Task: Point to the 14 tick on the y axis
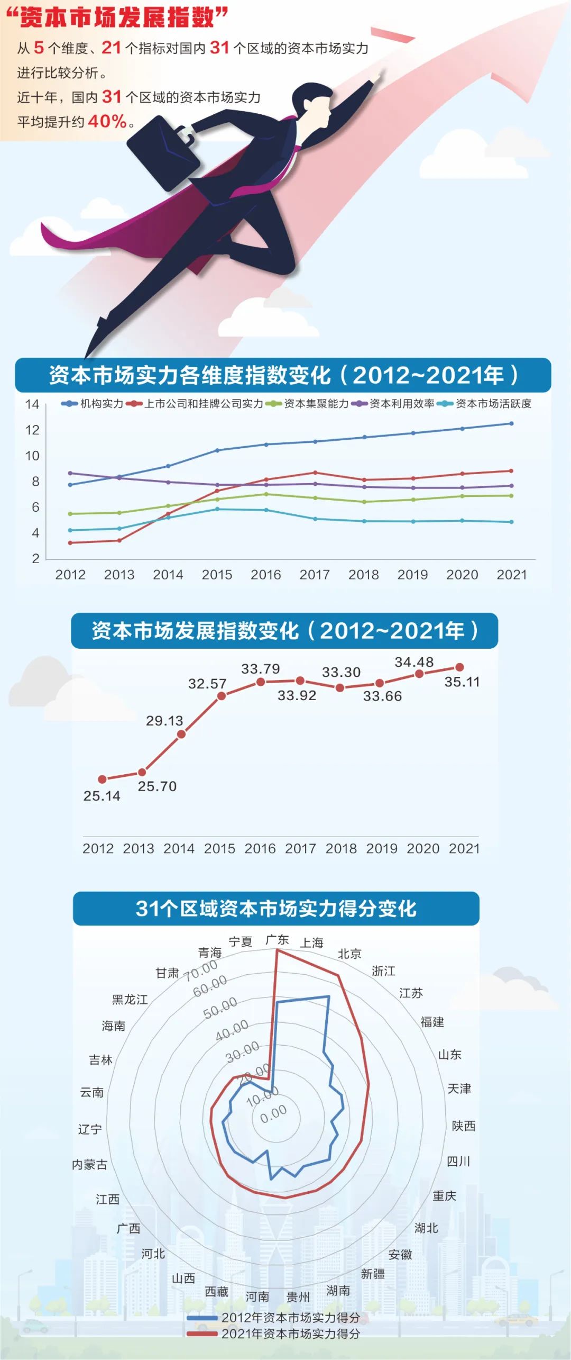pos(32,404)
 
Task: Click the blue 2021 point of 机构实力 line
pos(511,423)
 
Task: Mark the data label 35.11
pos(462,682)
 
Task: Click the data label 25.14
pos(102,796)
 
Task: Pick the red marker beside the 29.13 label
pos(181,734)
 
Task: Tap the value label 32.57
pos(207,684)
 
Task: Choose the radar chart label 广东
pos(277,940)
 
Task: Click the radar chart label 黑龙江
pos(130,1000)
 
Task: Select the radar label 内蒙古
pos(89,1165)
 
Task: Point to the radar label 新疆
pos(373,1274)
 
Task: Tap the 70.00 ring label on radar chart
pos(201,969)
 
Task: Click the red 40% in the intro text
pos(107,121)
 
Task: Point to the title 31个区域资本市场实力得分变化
pos(276,909)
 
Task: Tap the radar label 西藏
pos(216,1292)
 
